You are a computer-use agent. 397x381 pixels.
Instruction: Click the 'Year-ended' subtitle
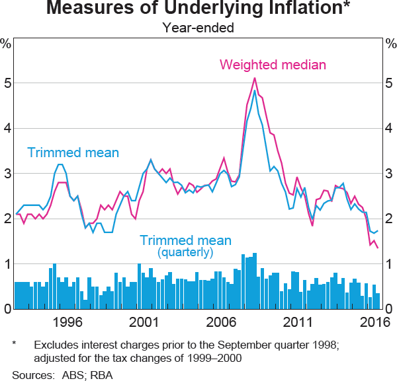[198, 28]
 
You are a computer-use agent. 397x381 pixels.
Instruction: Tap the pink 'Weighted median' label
[273, 65]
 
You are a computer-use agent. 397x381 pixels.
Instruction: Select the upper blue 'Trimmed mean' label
[73, 153]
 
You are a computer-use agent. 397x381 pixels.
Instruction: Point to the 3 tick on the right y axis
[390, 174]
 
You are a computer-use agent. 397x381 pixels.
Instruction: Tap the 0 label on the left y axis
[7, 309]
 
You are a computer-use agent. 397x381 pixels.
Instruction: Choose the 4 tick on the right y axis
[390, 129]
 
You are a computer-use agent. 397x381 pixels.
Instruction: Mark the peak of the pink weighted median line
[255, 78]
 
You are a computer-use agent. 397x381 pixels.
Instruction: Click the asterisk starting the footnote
[15, 344]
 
